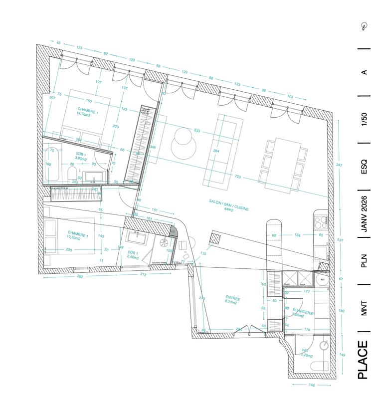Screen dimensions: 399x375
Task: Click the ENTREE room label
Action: pyautogui.click(x=232, y=301)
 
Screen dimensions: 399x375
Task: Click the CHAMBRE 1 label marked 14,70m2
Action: pyautogui.click(x=88, y=111)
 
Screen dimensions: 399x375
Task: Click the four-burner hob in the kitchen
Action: pyautogui.click(x=320, y=220)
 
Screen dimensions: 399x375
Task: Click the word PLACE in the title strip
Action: pyautogui.click(x=364, y=360)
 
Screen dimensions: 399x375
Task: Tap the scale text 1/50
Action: pyautogui.click(x=364, y=120)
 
